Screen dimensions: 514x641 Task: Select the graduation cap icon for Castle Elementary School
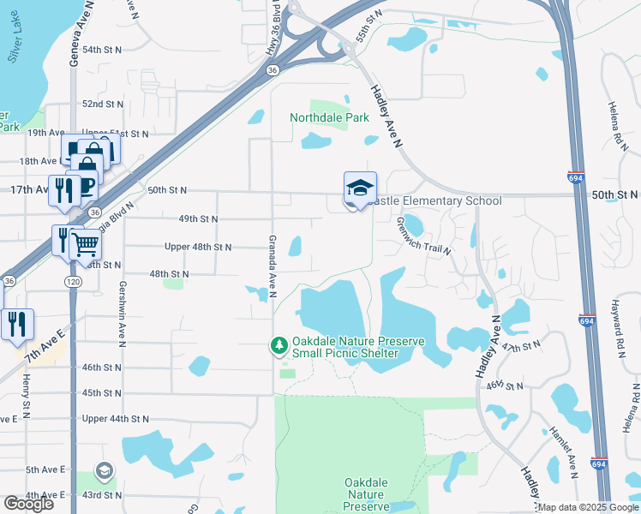360,188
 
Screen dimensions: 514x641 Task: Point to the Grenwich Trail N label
423,230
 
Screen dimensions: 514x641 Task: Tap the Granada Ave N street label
272,266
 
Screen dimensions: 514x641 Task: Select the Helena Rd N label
614,119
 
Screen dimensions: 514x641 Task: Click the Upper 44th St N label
116,419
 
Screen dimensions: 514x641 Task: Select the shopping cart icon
86,245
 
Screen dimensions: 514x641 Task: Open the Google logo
28,504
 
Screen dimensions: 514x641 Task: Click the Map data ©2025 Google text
588,507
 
